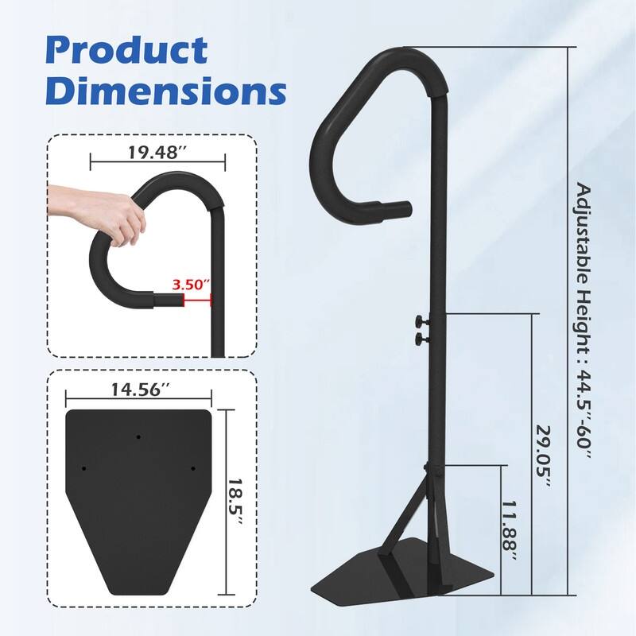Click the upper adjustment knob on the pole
point(417,321)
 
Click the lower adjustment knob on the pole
point(417,340)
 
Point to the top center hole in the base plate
point(138,437)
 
